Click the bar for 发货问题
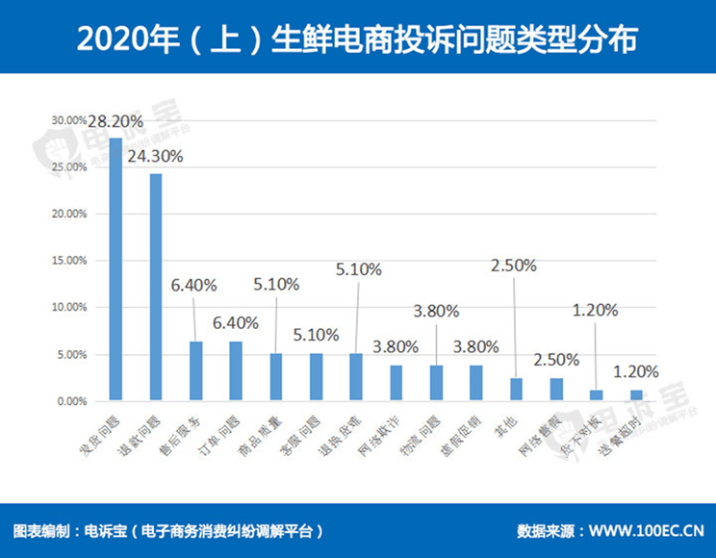[x=115, y=268]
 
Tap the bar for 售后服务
[x=195, y=370]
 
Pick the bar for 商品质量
[x=275, y=376]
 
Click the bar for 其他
[x=516, y=389]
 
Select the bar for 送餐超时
[x=636, y=394]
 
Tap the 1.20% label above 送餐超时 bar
[x=636, y=371]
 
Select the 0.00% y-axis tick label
[x=69, y=401]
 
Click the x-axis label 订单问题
[x=222, y=431]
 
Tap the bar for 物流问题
[x=436, y=383]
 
